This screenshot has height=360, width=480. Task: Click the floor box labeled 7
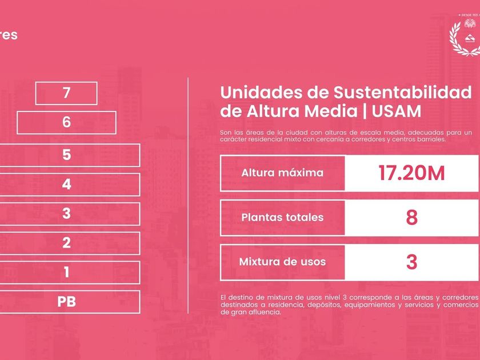(66, 93)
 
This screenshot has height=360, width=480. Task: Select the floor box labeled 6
(66, 122)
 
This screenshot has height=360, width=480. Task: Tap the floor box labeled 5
(66, 155)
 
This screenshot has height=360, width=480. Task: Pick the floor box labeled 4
(66, 185)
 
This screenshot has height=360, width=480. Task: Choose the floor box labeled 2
(66, 243)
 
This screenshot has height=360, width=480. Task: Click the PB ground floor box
(66, 302)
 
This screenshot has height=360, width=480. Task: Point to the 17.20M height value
(411, 173)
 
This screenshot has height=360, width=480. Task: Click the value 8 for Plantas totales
(411, 217)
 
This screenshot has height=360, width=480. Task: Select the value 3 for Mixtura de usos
(411, 262)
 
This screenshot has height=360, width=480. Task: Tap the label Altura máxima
(282, 173)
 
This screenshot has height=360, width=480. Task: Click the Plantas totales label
(282, 217)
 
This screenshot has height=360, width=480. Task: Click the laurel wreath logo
(465, 38)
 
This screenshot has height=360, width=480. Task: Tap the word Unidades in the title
(257, 92)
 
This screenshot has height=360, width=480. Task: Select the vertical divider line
(188, 194)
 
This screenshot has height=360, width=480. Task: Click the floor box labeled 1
(66, 272)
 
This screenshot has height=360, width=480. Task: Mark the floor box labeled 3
(66, 214)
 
